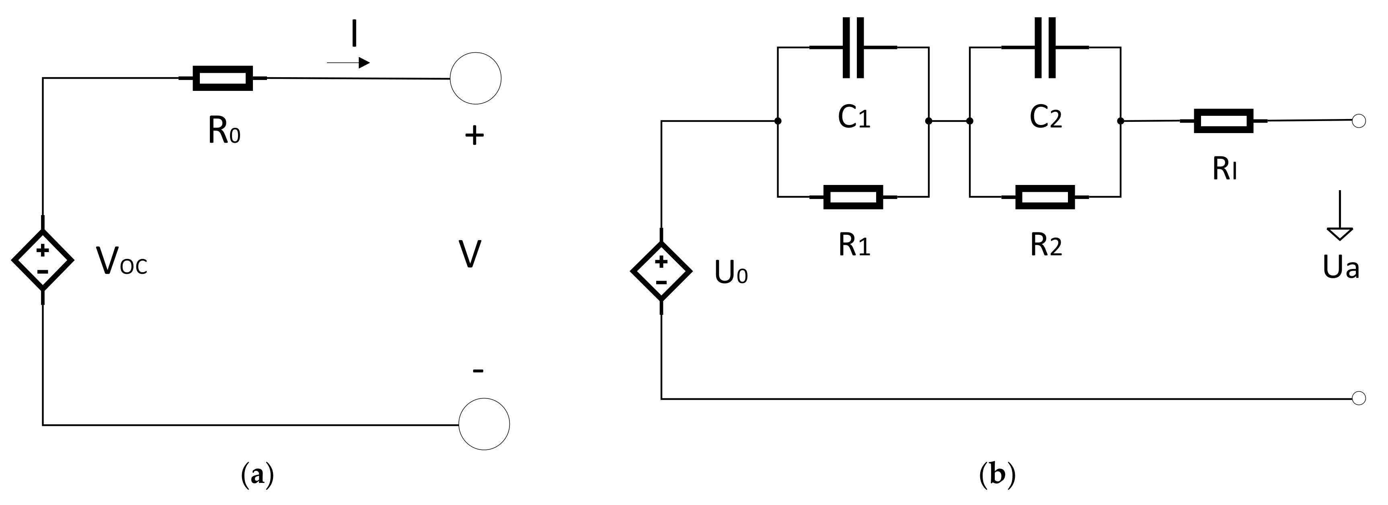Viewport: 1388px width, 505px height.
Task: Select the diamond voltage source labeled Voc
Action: [x=43, y=260]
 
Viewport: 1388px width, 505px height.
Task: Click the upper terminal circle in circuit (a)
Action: [x=475, y=78]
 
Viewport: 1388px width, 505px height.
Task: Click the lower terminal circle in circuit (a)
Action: [x=484, y=424]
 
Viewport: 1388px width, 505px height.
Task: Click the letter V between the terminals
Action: [x=470, y=255]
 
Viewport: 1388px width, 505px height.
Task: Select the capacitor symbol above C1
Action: [x=853, y=47]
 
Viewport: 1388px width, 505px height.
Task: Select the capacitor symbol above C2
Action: [x=1045, y=47]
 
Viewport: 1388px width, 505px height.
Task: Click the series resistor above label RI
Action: [x=1223, y=121]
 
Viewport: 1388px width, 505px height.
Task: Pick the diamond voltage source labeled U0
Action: [x=661, y=271]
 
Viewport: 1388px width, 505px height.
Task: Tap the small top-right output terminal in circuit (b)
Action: [x=1359, y=121]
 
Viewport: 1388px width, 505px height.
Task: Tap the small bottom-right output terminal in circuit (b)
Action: [x=1359, y=398]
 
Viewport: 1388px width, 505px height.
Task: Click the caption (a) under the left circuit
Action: [x=257, y=475]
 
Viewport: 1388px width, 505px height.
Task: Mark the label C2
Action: [x=1045, y=117]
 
